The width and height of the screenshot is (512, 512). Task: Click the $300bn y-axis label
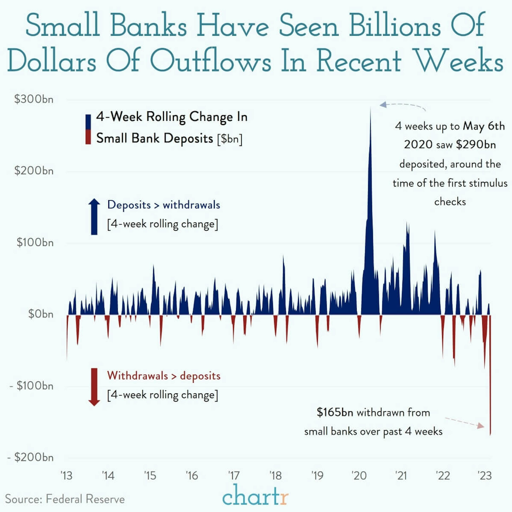pyautogui.click(x=34, y=99)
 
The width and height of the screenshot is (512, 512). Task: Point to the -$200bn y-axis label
pyautogui.click(x=31, y=457)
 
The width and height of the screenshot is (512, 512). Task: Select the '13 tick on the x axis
pyautogui.click(x=66, y=476)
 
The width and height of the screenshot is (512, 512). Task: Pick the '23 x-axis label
pyautogui.click(x=484, y=476)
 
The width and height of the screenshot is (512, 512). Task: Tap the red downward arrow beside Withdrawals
pyautogui.click(x=94, y=387)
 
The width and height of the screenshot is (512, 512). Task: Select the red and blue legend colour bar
pyautogui.click(x=88, y=129)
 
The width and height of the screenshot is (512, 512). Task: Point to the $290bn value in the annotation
pyautogui.click(x=476, y=145)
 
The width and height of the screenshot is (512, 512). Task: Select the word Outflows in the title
pyautogui.click(x=211, y=61)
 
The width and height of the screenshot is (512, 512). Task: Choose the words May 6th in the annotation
pyautogui.click(x=484, y=126)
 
